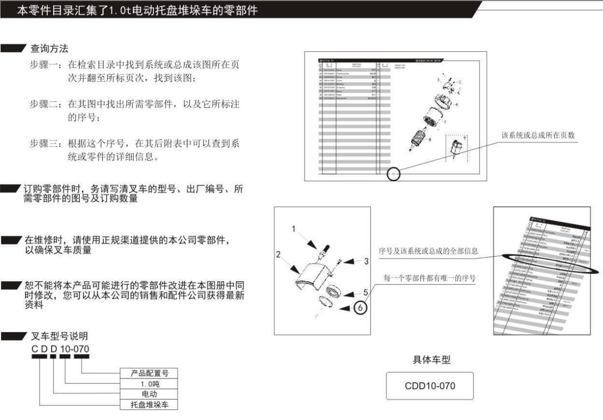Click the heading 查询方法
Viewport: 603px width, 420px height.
tap(49, 48)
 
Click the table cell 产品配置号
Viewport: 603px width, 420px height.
tap(149, 373)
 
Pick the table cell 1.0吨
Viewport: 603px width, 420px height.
tap(149, 384)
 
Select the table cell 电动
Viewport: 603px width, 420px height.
tap(149, 394)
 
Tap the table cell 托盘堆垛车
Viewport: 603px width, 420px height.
tap(149, 405)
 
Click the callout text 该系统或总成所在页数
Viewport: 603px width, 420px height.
tap(540, 135)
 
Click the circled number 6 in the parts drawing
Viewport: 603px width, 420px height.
tap(360, 307)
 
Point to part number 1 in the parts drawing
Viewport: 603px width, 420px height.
tap(294, 230)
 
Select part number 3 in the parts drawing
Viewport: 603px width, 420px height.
tap(366, 261)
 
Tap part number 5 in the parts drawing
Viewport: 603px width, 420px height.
tap(365, 292)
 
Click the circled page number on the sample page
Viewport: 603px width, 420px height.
tap(393, 174)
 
